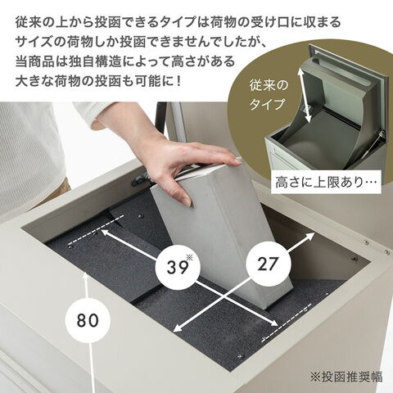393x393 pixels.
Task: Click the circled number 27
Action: point(269,264)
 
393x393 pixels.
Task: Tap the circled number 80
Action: point(88,320)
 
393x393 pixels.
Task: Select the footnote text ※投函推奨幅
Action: point(346,377)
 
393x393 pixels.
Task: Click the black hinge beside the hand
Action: point(141,179)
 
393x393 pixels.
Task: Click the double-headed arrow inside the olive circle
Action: point(305,95)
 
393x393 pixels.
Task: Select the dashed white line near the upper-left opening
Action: point(96,230)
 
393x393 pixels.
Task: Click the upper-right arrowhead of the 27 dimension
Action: point(311,237)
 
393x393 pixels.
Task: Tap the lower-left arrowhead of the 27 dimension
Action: point(178,328)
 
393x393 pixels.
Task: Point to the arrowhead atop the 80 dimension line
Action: point(86,276)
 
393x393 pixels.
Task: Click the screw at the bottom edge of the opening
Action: point(240,356)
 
